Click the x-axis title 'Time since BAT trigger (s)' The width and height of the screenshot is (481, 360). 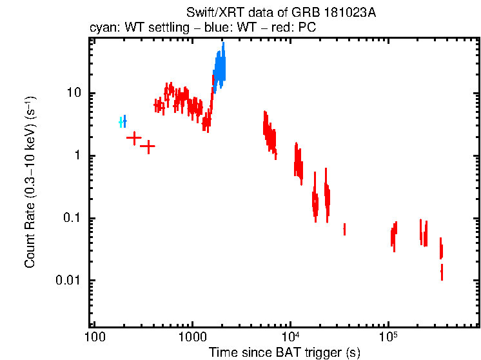[284, 352]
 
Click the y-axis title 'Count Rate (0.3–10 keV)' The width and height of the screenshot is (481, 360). [30, 183]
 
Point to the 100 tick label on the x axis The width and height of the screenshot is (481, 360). [95, 336]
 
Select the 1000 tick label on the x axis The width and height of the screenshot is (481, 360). [192, 336]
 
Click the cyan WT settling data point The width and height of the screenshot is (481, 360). [121, 122]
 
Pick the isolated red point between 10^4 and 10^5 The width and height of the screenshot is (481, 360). [344, 229]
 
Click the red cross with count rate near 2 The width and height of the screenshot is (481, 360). [133, 137]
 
